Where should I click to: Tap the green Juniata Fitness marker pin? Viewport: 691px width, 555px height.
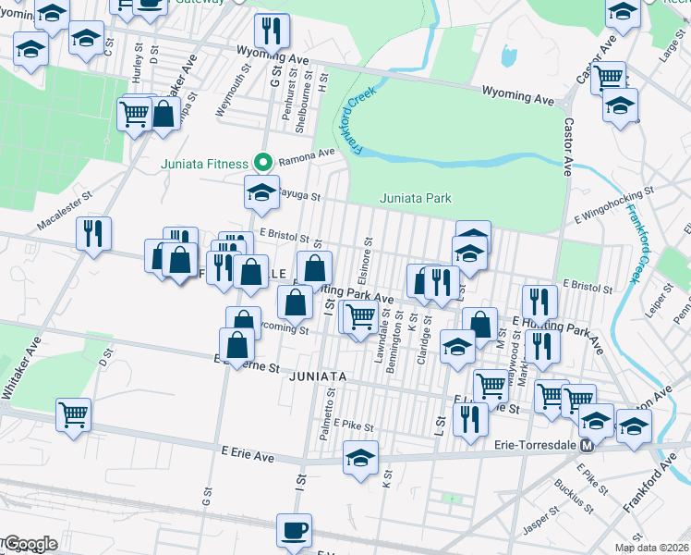tap(262, 164)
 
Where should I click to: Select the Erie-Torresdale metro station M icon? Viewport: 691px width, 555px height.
tap(586, 446)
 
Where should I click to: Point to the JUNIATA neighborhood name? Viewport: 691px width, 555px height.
tap(317, 377)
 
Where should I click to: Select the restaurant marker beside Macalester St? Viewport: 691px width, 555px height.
tap(94, 233)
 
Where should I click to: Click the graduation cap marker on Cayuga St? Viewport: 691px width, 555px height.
tap(261, 192)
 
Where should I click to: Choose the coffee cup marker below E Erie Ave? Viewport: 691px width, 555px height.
tap(295, 531)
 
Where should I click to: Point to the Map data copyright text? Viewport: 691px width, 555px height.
tap(650, 548)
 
